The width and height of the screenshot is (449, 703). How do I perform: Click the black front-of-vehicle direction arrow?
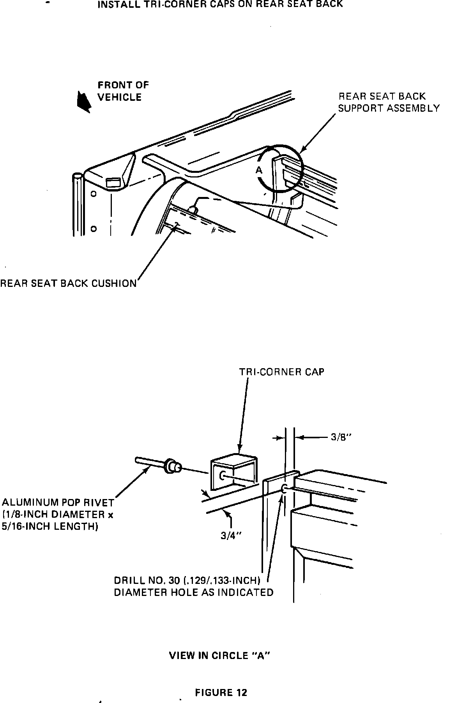click(x=84, y=102)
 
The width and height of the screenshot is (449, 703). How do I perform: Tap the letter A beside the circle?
click(x=259, y=170)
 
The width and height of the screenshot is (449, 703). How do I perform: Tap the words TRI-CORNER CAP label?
click(x=281, y=372)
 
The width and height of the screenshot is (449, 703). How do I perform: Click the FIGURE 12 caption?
click(x=221, y=692)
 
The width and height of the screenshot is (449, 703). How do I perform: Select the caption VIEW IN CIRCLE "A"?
click(x=220, y=656)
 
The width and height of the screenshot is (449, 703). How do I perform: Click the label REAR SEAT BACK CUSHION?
click(x=69, y=283)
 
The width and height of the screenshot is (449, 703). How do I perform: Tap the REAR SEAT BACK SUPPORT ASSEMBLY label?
click(x=388, y=102)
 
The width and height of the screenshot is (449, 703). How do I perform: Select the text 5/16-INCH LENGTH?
click(x=49, y=527)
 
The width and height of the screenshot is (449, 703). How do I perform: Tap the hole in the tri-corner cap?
click(x=223, y=475)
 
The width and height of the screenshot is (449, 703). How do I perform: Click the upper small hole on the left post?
click(x=94, y=193)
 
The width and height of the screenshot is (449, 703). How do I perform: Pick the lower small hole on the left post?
click(x=94, y=229)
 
